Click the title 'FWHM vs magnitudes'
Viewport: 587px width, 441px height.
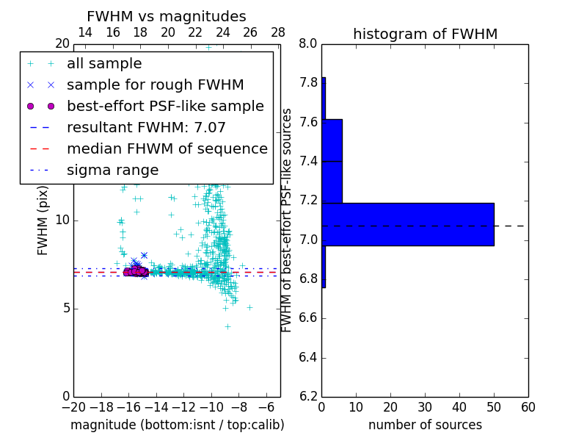[167, 16]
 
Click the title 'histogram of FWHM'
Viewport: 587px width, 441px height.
[425, 34]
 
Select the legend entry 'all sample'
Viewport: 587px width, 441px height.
[104, 64]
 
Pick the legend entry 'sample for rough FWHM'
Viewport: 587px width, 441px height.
[155, 85]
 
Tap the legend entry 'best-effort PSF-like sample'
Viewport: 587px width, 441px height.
[165, 107]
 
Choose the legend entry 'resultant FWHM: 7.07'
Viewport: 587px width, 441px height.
[146, 128]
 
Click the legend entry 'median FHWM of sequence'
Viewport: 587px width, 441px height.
[167, 149]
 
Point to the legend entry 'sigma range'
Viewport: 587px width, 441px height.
[112, 171]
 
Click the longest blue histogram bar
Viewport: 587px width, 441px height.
[408, 224]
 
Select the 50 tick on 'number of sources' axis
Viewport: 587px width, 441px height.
[494, 407]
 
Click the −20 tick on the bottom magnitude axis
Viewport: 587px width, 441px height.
[73, 407]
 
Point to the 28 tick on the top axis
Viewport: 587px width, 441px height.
[278, 32]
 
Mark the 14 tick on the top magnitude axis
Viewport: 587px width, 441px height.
[85, 32]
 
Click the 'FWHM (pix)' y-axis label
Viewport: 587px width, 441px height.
[43, 220]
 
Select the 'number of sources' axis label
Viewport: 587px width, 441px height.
[425, 425]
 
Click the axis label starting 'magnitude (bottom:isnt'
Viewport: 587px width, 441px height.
[177, 425]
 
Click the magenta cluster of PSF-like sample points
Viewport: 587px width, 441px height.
[136, 272]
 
